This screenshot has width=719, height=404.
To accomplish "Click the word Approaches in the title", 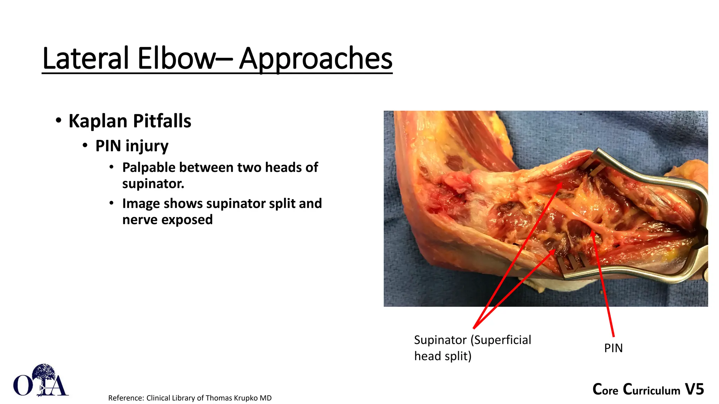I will click(x=315, y=59).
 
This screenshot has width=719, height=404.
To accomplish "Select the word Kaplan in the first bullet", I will click(x=98, y=121).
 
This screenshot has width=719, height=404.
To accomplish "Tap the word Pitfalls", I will click(x=162, y=121).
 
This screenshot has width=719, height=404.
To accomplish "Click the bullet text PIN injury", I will click(x=132, y=146).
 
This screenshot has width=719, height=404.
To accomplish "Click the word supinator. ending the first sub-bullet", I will click(x=153, y=184).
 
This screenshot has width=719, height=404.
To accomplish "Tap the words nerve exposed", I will click(x=167, y=220).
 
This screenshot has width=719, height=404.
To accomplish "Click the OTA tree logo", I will click(x=41, y=381).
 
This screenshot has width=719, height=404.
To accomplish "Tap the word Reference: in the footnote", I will click(x=126, y=398).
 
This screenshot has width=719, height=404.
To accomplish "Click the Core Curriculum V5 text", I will click(x=648, y=390).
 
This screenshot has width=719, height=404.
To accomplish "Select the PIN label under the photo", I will click(x=613, y=348).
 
